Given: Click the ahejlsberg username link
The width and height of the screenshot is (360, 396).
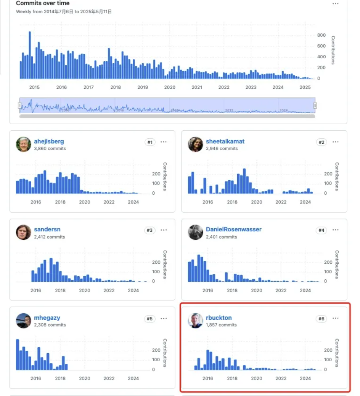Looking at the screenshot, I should pyautogui.click(x=49, y=141).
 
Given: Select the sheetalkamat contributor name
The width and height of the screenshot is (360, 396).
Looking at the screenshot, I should pyautogui.click(x=225, y=141).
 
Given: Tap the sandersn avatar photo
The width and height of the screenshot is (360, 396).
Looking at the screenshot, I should pyautogui.click(x=24, y=233).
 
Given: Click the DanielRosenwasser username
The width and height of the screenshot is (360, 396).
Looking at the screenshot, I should pyautogui.click(x=234, y=229).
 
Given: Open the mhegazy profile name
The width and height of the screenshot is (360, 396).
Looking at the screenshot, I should pyautogui.click(x=47, y=318).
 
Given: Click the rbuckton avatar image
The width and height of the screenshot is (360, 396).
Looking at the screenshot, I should pyautogui.click(x=196, y=321).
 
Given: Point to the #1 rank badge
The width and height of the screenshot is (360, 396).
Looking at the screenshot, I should pyautogui.click(x=150, y=142).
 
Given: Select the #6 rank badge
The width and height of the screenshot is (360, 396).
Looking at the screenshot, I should pyautogui.click(x=321, y=318).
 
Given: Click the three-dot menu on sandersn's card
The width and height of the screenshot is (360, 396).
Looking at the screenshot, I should pyautogui.click(x=164, y=230).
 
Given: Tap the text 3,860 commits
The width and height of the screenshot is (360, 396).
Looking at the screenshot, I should pyautogui.click(x=50, y=148).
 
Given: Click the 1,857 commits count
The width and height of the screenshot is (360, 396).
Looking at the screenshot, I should pyautogui.click(x=221, y=325).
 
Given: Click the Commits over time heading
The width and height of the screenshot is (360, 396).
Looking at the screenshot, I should pyautogui.click(x=42, y=3).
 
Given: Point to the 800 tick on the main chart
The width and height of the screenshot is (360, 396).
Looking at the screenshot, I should pyautogui.click(x=321, y=35).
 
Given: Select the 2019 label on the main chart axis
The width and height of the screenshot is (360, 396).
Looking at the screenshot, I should pyautogui.click(x=142, y=87).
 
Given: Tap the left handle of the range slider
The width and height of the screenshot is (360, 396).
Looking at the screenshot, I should pyautogui.click(x=20, y=105).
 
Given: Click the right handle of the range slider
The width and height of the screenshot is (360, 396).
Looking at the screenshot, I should pyautogui.click(x=315, y=105).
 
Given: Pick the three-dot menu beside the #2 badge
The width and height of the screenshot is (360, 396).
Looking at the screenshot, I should pyautogui.click(x=336, y=142).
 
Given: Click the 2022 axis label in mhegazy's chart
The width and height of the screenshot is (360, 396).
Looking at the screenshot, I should pyautogui.click(x=109, y=378).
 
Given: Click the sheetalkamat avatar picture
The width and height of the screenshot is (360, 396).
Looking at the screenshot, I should pyautogui.click(x=196, y=144).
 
